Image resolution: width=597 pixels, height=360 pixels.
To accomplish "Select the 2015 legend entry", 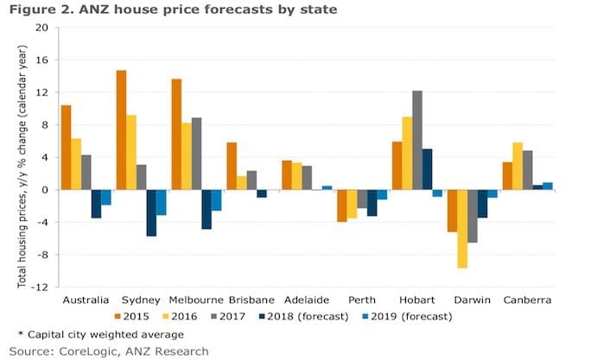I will pos(138,315).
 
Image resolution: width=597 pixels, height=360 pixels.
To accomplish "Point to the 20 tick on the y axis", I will pos(41,27).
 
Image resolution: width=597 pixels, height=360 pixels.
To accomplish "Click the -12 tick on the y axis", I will pos(39,287).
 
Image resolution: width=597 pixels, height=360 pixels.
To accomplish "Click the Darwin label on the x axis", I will pos(473,299).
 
